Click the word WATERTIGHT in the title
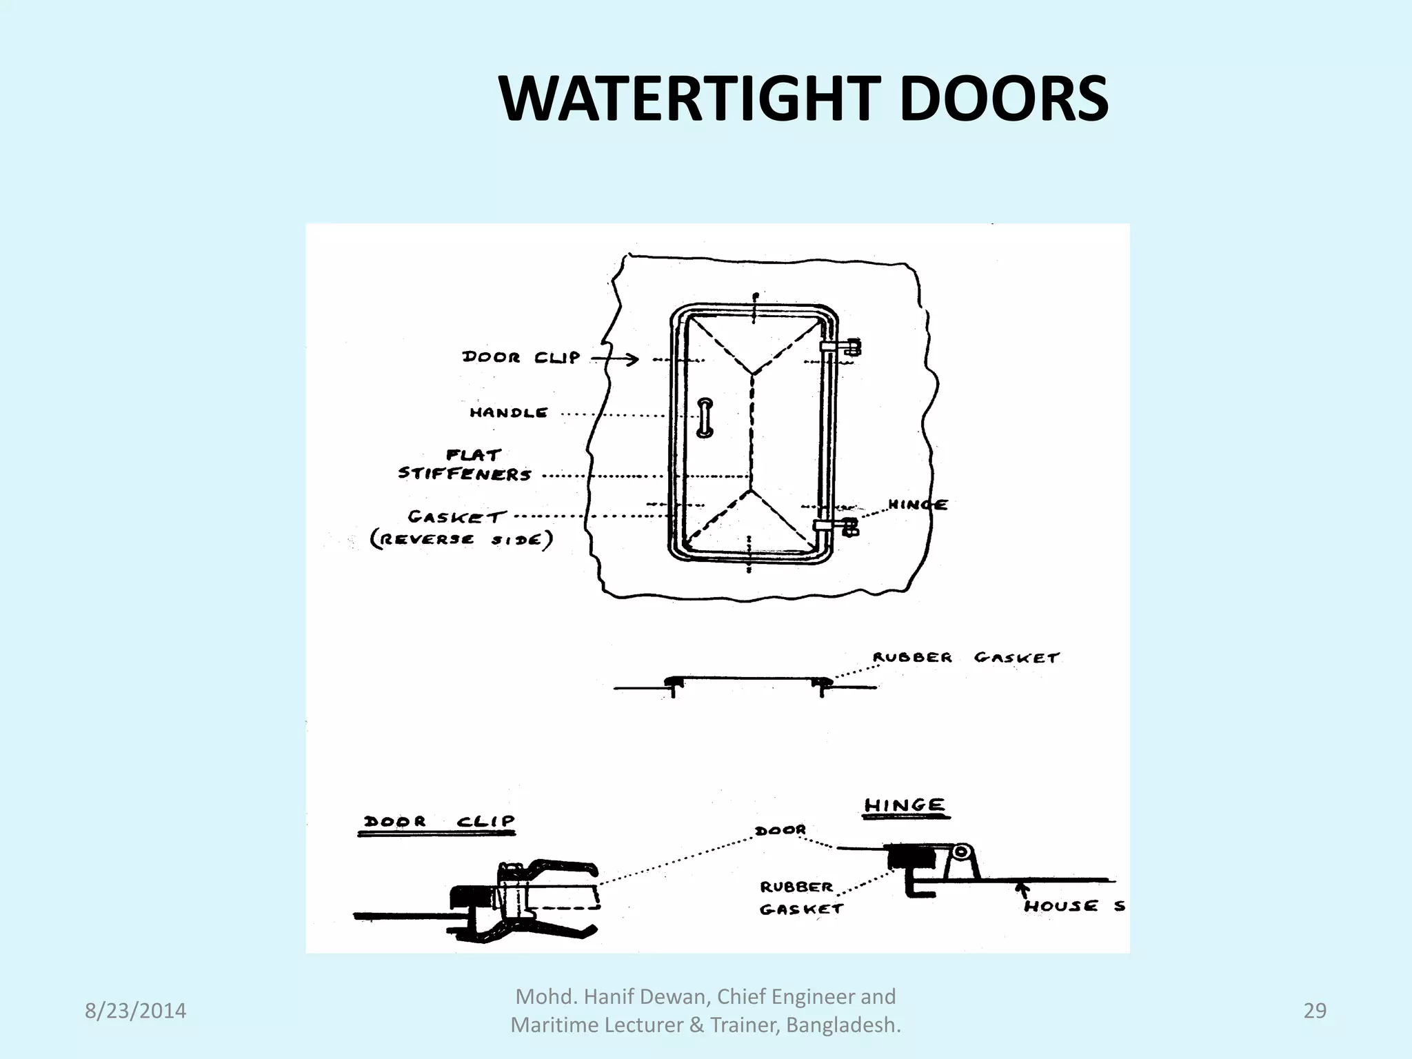pyautogui.click(x=689, y=100)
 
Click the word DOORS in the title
pyautogui.click(x=1002, y=100)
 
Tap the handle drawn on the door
pyautogui.click(x=705, y=418)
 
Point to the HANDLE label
pyautogui.click(x=509, y=413)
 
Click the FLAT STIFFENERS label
pyautogui.click(x=466, y=465)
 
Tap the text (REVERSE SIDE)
pyautogui.click(x=462, y=539)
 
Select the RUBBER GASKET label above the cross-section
pyautogui.click(x=965, y=658)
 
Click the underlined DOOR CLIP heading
pyautogui.click(x=438, y=822)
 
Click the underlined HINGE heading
pyautogui.click(x=905, y=805)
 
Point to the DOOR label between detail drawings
pyautogui.click(x=780, y=830)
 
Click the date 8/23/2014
pyautogui.click(x=135, y=1011)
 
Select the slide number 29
pyautogui.click(x=1315, y=1011)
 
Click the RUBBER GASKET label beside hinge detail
pyautogui.click(x=800, y=898)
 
